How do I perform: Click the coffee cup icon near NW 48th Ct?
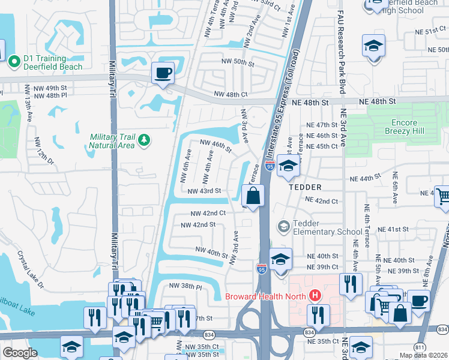tap(163, 73)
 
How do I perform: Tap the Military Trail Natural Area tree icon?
tap(143, 140)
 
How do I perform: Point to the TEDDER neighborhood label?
tap(306, 187)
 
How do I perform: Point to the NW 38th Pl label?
tap(185, 286)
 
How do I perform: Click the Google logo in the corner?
tap(20, 353)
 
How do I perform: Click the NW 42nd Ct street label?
tap(208, 213)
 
